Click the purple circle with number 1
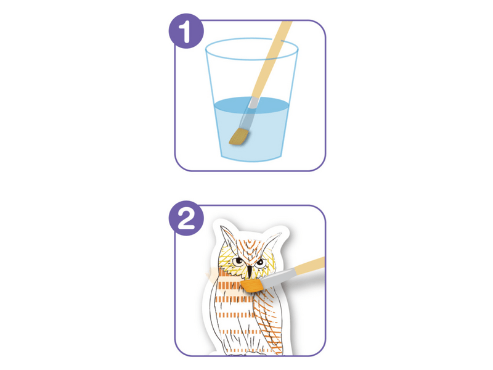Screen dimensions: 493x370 pos(186,31)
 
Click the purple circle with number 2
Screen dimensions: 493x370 pos(186,218)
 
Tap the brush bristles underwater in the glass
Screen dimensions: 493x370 pos(238,136)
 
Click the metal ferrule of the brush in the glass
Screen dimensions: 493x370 pos(248,113)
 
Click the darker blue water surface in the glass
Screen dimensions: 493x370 pos(251,105)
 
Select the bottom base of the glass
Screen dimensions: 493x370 pos(251,158)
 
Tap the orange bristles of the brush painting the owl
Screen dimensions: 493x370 pos(252,286)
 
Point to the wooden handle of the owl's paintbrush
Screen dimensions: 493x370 pos(310,266)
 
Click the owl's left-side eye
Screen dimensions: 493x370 pos(238,261)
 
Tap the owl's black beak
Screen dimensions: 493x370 pos(250,271)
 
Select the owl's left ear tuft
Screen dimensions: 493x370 pos(227,237)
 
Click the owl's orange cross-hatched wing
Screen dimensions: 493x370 pos(267,318)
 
